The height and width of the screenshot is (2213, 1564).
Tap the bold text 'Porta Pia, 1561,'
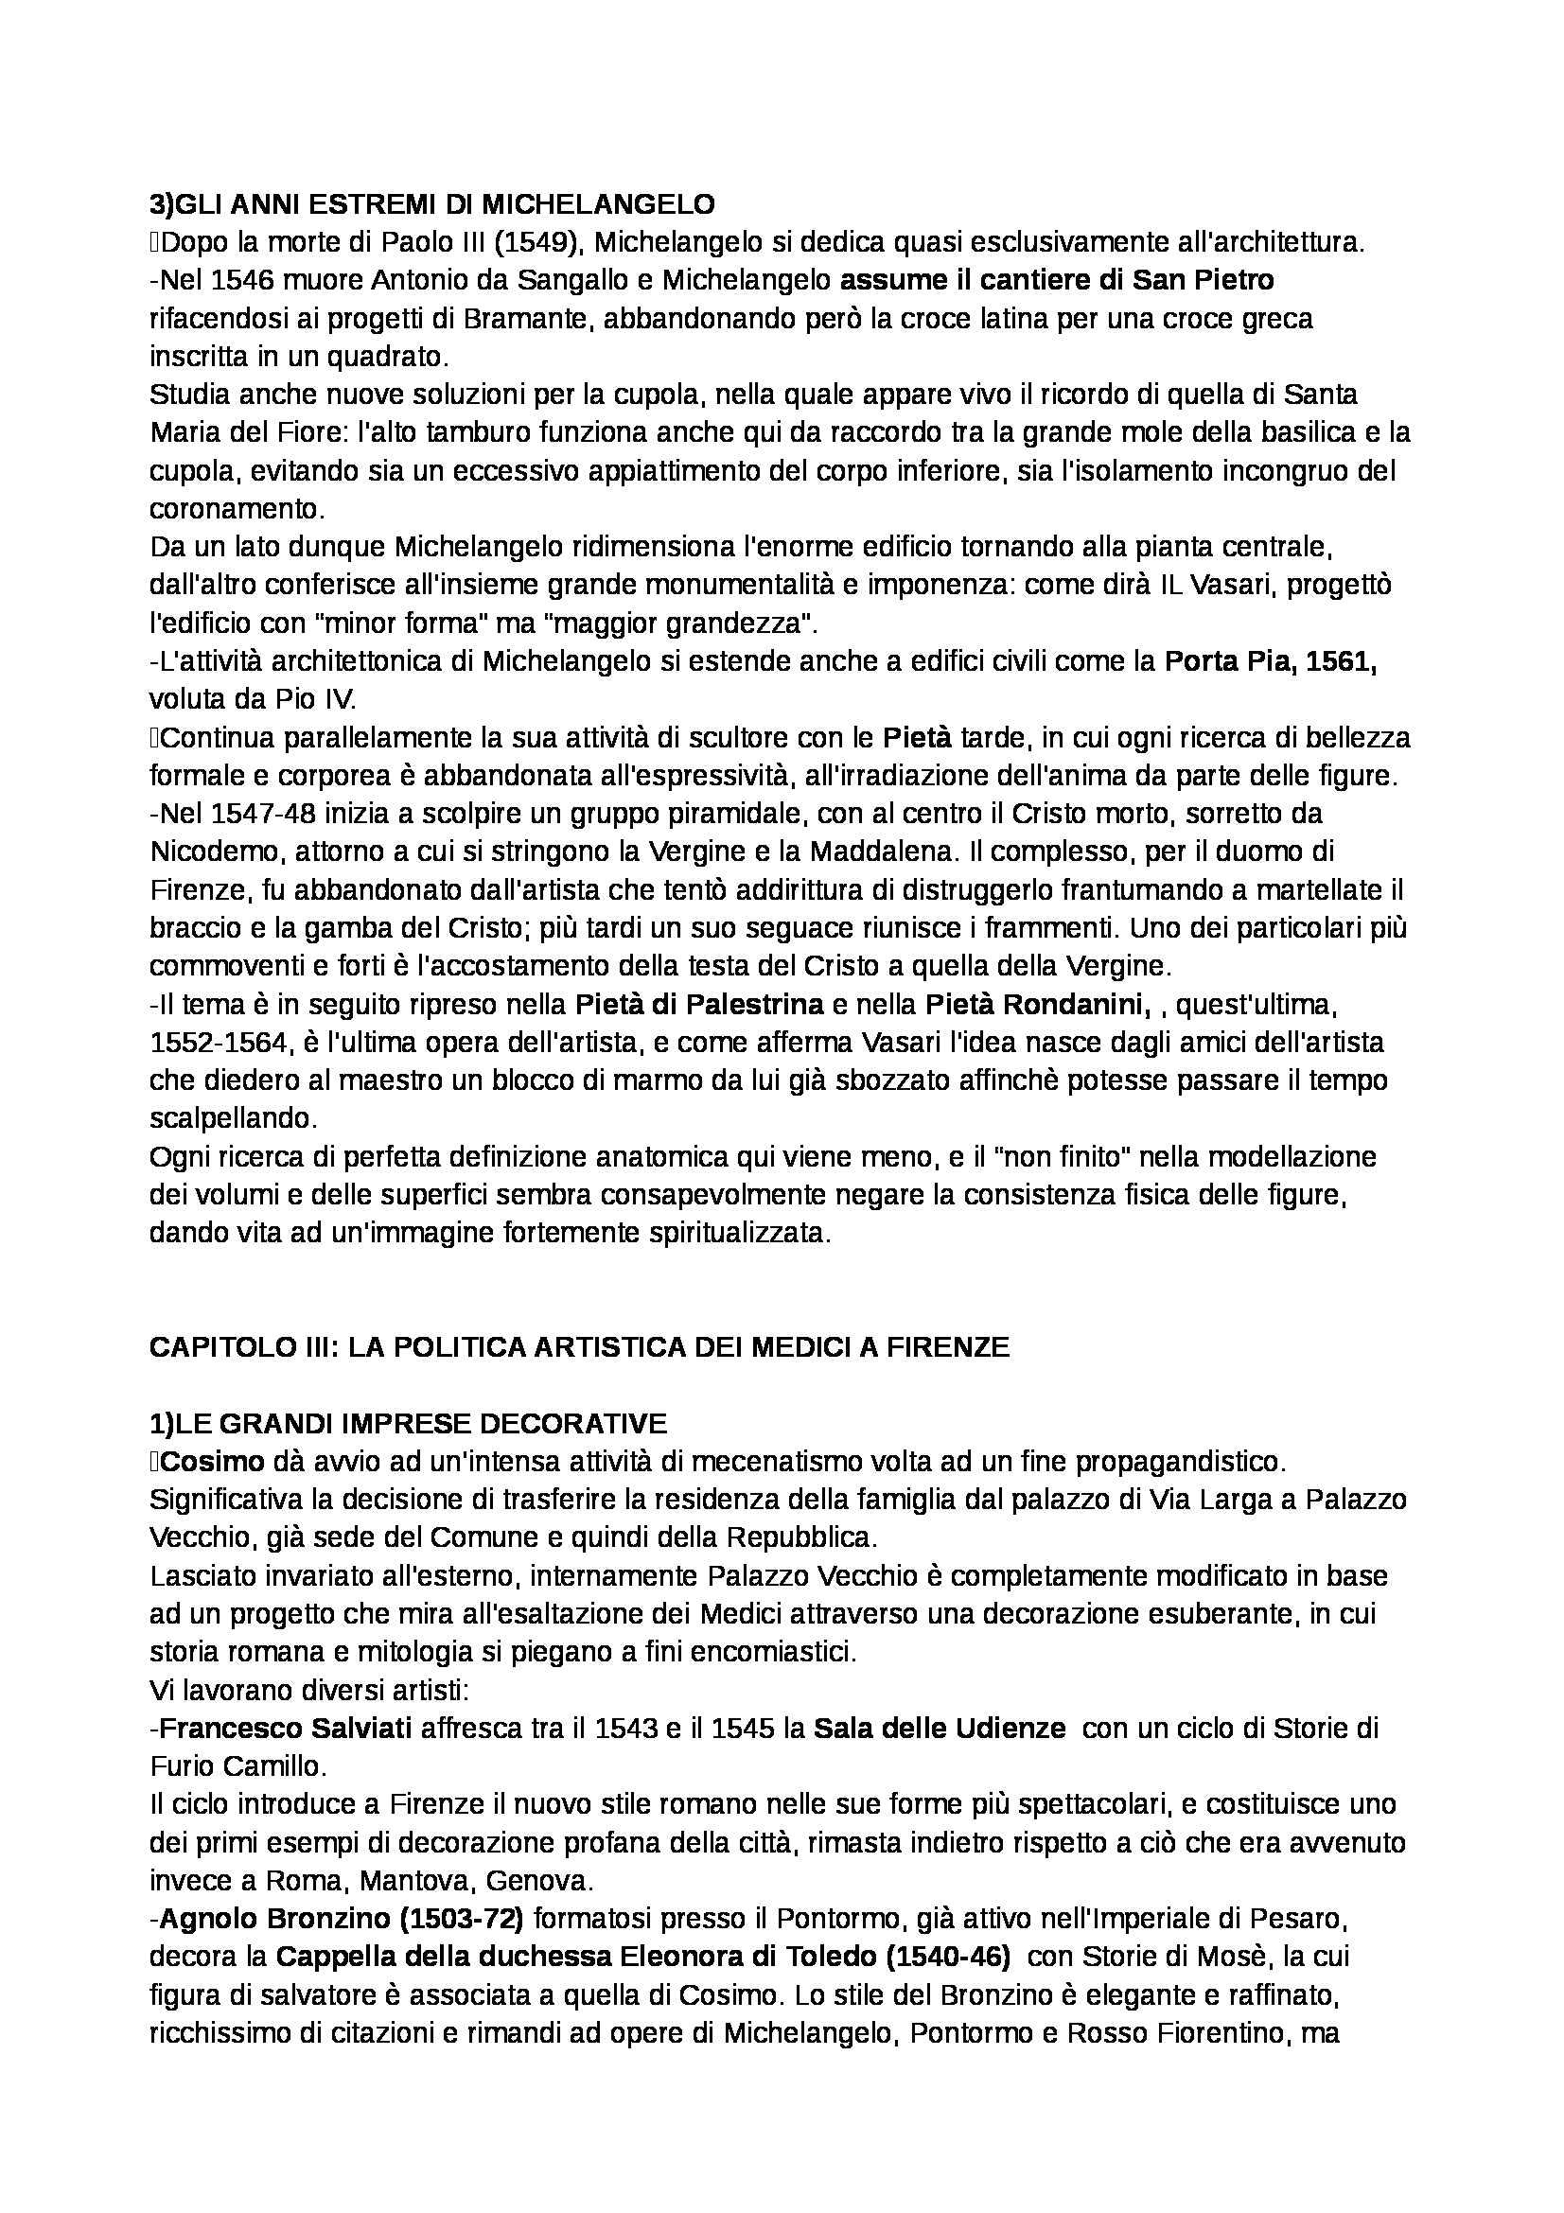[x=1270, y=662]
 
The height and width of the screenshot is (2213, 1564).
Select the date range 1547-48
[x=267, y=815]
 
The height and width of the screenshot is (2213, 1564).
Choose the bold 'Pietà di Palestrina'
[x=699, y=1006]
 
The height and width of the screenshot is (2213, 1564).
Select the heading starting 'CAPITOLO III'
[x=579, y=1347]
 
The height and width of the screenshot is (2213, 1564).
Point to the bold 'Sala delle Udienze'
[x=940, y=1729]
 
